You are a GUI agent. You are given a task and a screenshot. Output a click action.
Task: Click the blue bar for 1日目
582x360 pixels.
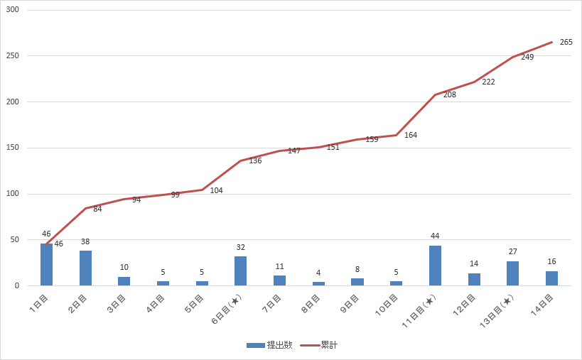46,264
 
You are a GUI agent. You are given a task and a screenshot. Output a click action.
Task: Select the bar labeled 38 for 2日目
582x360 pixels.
85,268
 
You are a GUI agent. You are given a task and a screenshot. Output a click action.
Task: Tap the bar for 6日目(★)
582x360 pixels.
241,271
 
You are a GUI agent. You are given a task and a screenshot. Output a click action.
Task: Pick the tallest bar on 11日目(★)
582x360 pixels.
435,266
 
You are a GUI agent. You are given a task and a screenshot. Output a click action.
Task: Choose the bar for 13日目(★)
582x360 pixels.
512,273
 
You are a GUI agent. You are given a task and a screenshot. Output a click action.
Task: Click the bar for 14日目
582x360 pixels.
551,278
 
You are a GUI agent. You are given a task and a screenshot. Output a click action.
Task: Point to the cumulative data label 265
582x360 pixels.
566,42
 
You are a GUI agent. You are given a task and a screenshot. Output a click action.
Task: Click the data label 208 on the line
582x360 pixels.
449,94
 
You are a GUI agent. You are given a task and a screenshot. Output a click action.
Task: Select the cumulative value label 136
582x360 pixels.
255,160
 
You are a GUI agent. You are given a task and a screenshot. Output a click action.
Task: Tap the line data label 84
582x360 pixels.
97,209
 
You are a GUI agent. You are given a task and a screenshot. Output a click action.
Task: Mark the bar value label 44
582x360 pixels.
435,236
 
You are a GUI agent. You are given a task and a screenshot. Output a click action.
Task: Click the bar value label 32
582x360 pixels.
241,247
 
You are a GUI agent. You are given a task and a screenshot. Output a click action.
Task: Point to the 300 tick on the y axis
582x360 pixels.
13,10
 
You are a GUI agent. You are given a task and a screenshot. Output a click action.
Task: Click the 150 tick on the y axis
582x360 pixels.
13,148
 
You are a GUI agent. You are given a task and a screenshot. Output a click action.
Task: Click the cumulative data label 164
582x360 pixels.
411,135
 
